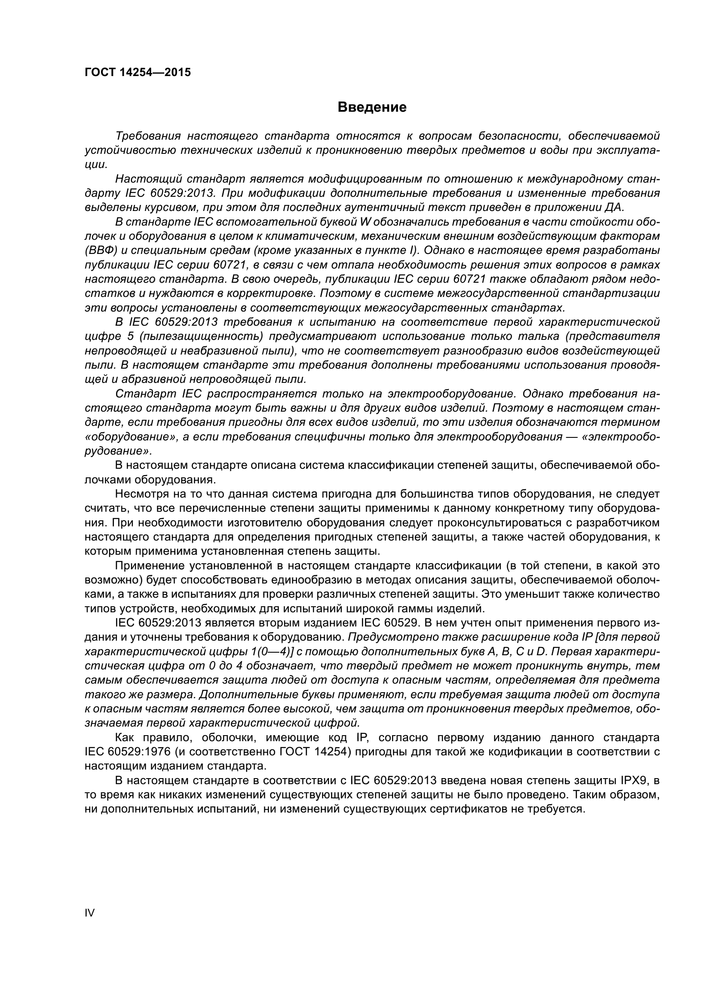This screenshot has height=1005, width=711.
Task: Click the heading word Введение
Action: point(372,107)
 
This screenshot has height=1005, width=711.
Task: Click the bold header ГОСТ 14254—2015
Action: point(138,73)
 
